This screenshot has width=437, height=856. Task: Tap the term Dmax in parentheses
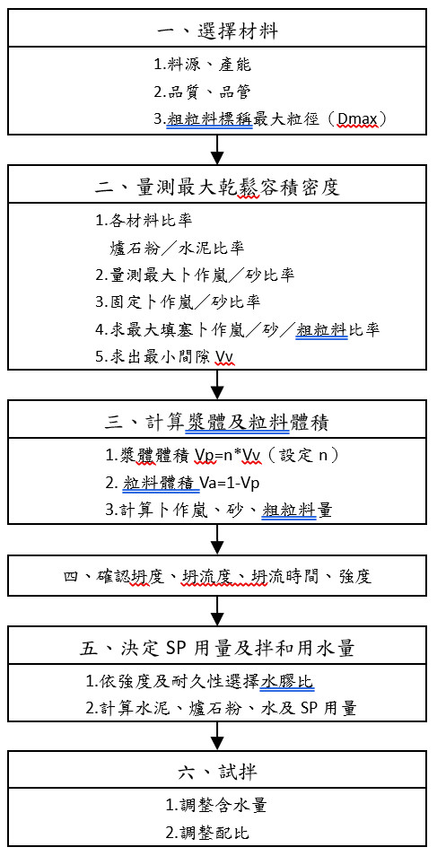coord(358,119)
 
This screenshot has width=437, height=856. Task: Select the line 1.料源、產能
coord(202,65)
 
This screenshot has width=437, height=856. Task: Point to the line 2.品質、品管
coord(202,92)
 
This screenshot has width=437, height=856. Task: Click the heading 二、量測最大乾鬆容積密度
coord(217,188)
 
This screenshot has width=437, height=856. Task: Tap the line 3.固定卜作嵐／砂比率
coord(178,301)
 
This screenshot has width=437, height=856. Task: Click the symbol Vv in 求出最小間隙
coord(224,357)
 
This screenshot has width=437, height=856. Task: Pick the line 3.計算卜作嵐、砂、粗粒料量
coord(219,511)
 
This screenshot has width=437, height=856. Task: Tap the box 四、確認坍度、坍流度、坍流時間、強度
coord(217,576)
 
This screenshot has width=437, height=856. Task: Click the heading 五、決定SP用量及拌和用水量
coord(217,648)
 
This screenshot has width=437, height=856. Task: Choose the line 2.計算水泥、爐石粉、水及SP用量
coord(222,709)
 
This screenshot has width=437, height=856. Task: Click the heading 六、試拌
coord(217,772)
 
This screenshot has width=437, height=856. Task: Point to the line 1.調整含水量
coord(216,805)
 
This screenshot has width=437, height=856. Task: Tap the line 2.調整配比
coord(208,833)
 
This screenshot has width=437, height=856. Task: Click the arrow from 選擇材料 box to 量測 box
coord(217,148)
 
